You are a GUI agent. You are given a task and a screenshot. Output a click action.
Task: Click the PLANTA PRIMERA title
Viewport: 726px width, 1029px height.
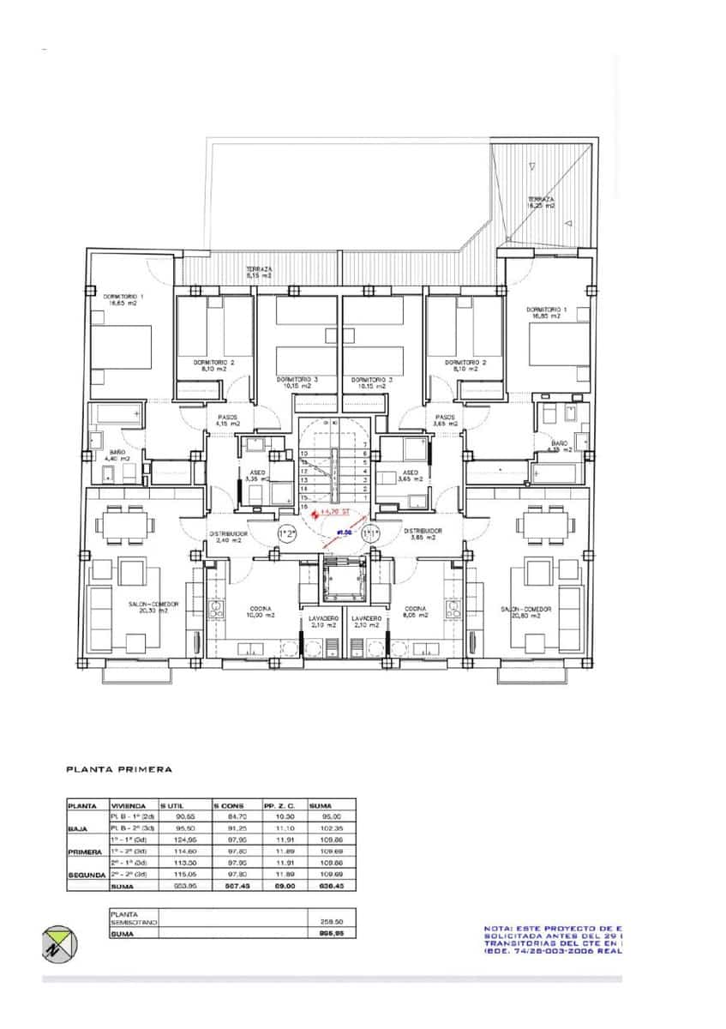click(x=119, y=769)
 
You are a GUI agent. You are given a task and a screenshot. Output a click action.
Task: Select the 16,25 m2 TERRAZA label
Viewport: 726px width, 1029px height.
click(x=541, y=202)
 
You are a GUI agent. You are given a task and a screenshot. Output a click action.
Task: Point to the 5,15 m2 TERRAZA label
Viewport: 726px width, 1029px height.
click(x=258, y=272)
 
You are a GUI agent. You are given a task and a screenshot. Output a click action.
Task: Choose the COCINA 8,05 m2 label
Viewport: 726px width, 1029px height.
click(x=416, y=612)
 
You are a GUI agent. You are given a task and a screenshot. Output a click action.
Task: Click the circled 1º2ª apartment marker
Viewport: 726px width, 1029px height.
click(x=287, y=533)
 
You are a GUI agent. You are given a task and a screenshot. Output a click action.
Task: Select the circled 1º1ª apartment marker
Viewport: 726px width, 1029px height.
click(x=370, y=533)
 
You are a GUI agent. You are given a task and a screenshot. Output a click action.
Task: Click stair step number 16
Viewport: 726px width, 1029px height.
click(x=303, y=507)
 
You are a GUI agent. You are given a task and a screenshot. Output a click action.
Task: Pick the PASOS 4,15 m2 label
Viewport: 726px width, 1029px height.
click(x=227, y=420)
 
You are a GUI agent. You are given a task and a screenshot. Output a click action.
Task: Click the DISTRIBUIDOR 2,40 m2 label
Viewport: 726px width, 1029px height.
click(x=228, y=536)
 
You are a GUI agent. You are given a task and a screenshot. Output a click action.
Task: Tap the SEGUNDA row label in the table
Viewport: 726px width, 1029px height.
click(x=86, y=874)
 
